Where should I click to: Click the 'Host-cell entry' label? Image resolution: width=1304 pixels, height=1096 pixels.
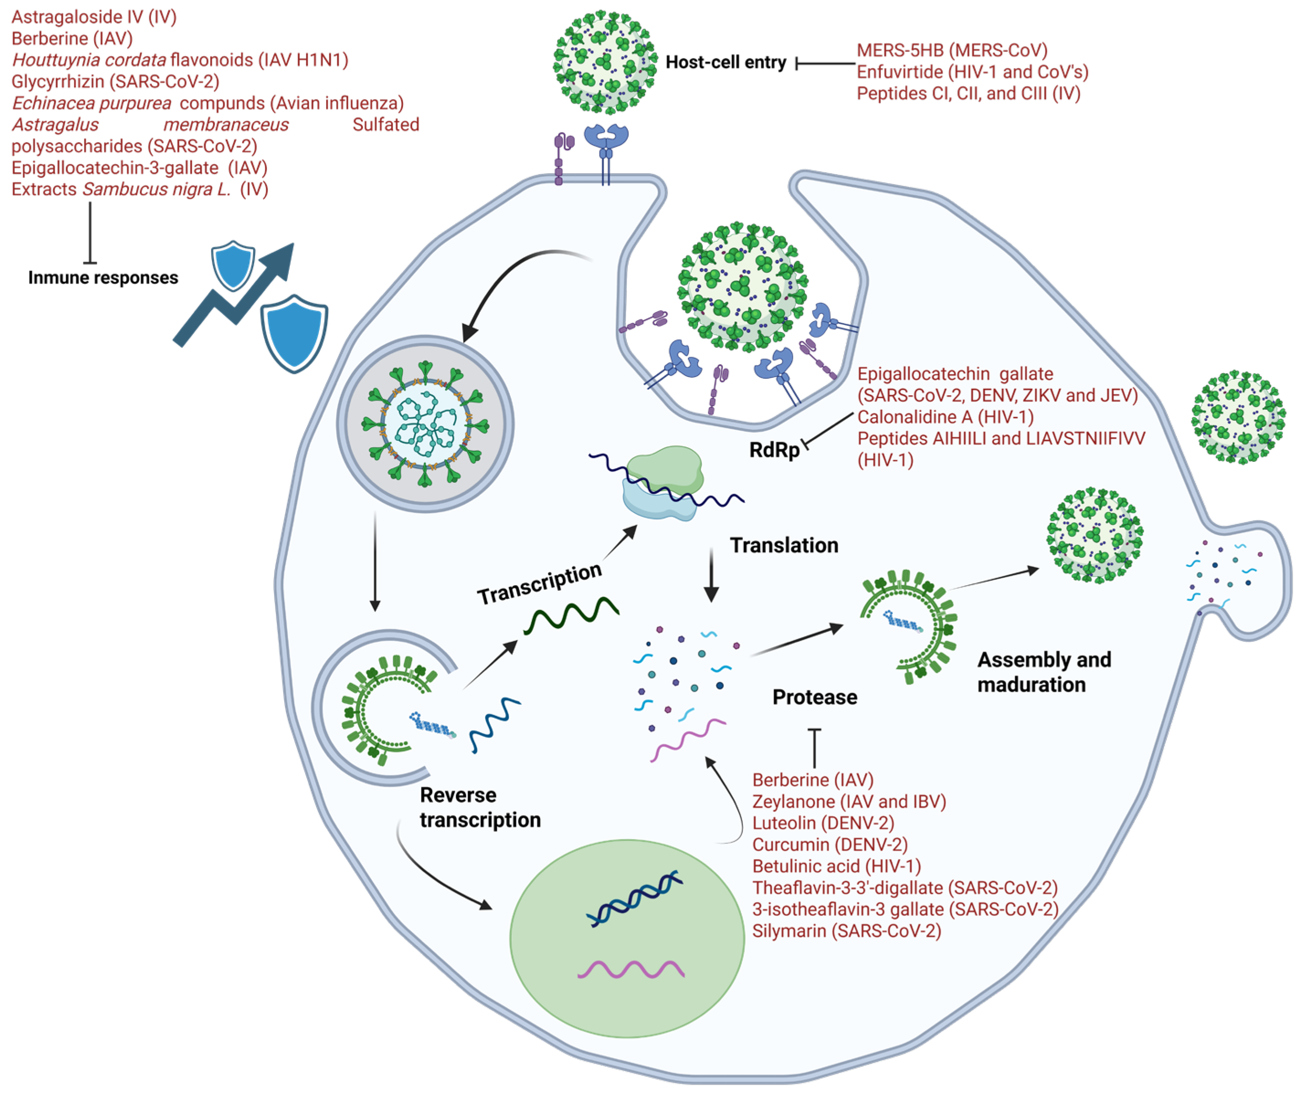[x=726, y=63]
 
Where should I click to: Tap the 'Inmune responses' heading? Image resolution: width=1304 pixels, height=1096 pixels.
[x=103, y=278]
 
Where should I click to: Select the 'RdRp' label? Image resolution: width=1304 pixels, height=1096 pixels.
[x=774, y=450]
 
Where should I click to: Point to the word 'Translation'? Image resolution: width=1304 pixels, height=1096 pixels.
[x=784, y=545]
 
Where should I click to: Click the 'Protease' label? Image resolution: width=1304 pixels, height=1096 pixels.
[x=815, y=697]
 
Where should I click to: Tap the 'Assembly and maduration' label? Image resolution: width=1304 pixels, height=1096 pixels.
[x=1044, y=672]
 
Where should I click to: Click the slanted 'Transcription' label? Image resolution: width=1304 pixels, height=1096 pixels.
[x=539, y=583]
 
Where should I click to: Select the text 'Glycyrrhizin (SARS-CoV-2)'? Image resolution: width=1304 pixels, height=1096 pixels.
[x=116, y=81]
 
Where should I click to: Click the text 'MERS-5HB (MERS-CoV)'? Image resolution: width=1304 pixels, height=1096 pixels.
[x=952, y=50]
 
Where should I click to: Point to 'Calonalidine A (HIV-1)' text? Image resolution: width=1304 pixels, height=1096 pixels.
[x=945, y=417]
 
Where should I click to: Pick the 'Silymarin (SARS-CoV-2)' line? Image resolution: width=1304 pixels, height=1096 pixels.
[x=846, y=931]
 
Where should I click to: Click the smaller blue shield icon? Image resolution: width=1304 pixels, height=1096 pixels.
[x=233, y=264]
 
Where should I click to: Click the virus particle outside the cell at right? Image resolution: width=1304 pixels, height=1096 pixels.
[x=1238, y=417]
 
